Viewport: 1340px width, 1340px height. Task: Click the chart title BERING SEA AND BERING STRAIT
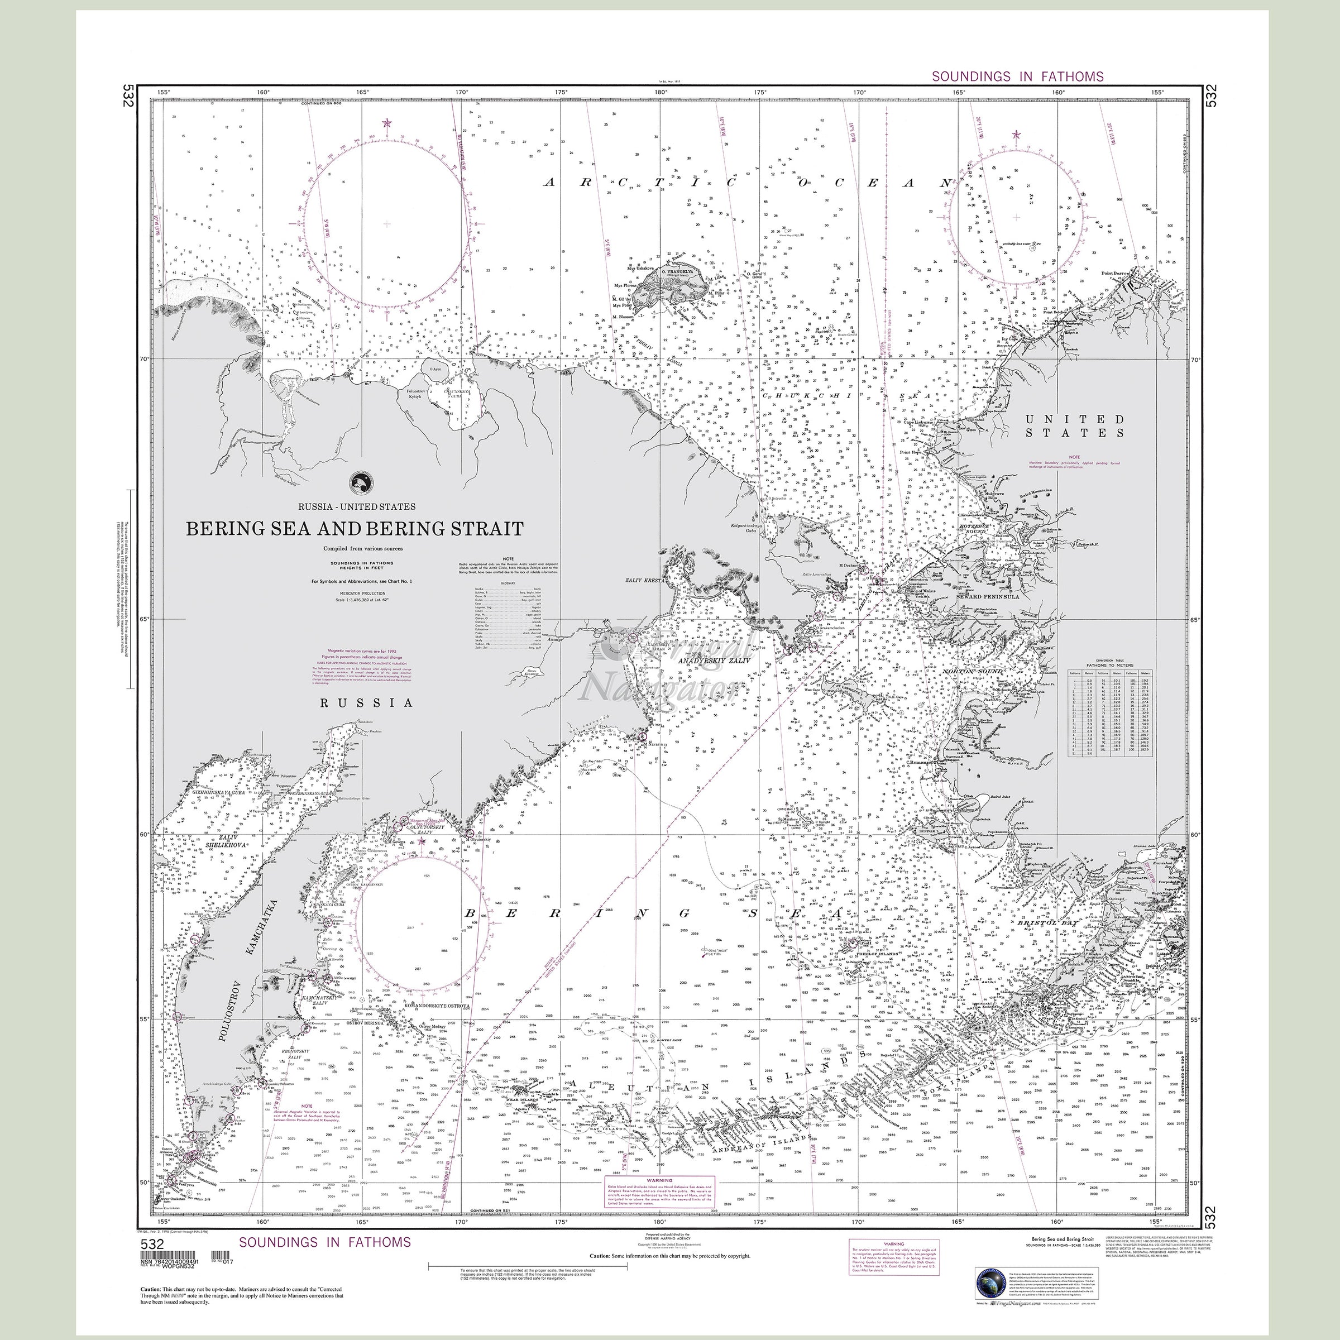coord(354,529)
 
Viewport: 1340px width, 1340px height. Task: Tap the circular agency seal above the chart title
coord(361,481)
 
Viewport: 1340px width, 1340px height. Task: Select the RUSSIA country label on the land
coord(367,702)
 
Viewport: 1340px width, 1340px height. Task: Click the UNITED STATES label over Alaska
coord(1075,426)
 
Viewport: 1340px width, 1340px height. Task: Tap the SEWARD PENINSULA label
coord(988,596)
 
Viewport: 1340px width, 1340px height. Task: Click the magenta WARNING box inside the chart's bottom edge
coord(659,1192)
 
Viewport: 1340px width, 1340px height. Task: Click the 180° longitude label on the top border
coord(661,92)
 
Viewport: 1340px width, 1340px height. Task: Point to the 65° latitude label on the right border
coord(1194,619)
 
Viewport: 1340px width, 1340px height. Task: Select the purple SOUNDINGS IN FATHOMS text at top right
coord(1017,76)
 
